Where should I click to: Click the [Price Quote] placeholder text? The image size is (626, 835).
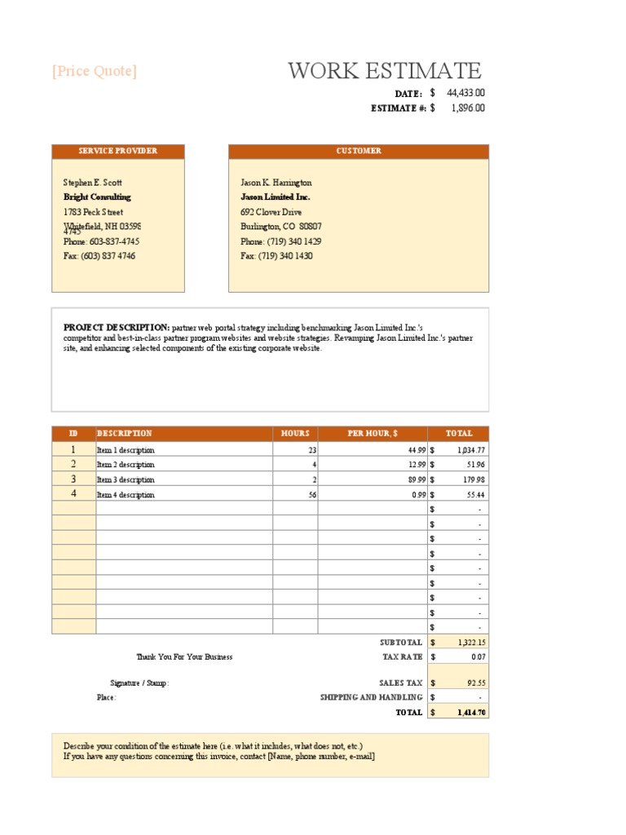tap(95, 72)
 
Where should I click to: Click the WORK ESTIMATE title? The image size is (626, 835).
tap(384, 71)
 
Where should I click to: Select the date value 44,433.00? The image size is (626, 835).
tap(465, 94)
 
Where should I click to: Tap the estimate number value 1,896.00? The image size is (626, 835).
tap(467, 108)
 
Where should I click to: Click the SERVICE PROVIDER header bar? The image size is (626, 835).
tap(118, 151)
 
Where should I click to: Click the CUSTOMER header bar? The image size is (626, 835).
tap(359, 151)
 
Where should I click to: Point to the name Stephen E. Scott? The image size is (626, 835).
tap(93, 183)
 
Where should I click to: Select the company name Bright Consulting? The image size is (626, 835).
tap(97, 197)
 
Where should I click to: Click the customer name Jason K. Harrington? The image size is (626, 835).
tap(276, 183)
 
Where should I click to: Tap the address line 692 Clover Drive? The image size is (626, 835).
tap(271, 212)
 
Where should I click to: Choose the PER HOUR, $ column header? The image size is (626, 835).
tap(372, 434)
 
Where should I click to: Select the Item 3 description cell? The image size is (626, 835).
tap(126, 480)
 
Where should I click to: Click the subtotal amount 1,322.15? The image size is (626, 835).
tap(470, 643)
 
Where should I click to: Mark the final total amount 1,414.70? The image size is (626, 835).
tap(471, 713)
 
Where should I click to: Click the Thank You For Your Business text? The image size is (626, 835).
tap(184, 657)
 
